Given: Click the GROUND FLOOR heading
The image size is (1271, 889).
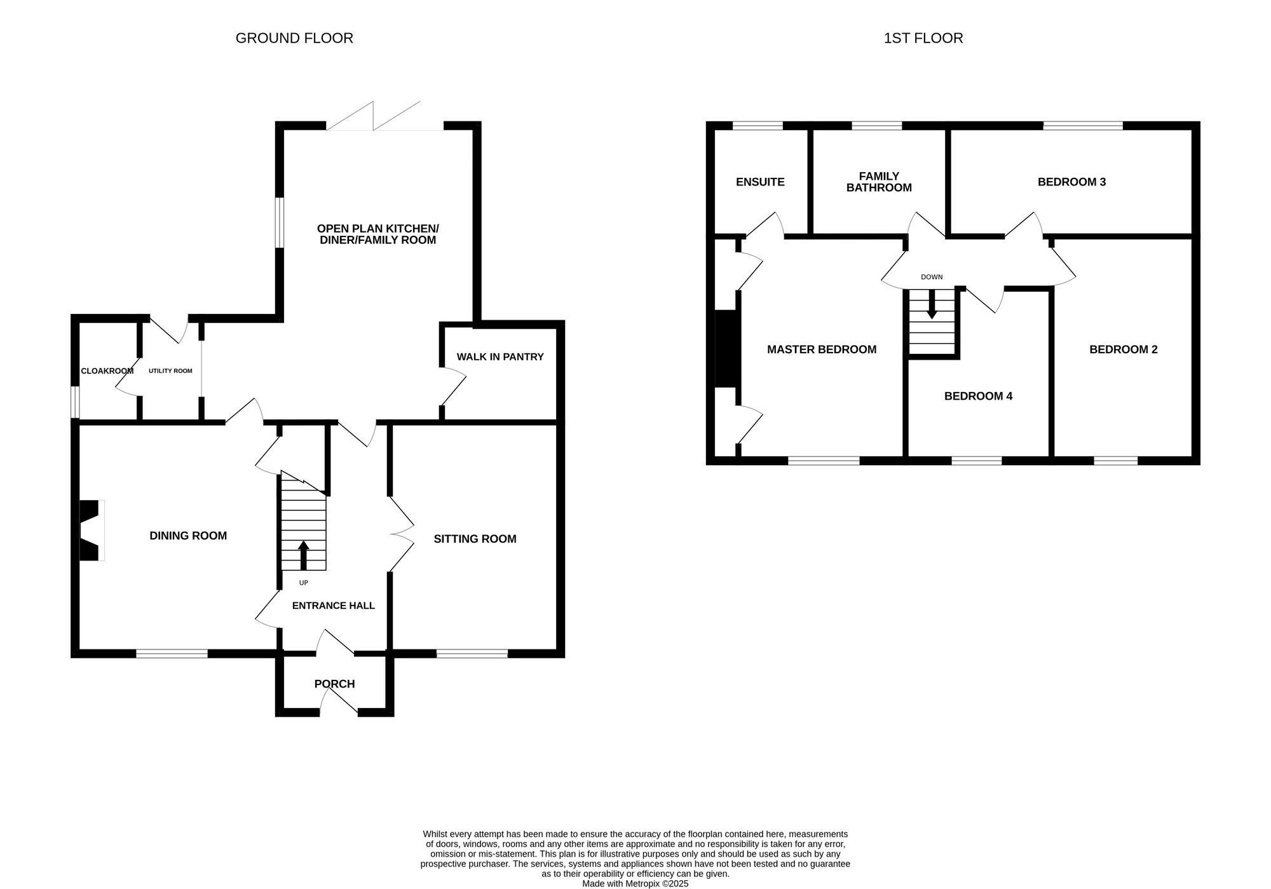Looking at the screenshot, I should pos(294,38).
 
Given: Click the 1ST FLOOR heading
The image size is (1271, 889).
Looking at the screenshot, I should pos(923,38).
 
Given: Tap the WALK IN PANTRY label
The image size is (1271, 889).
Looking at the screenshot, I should pos(500,357).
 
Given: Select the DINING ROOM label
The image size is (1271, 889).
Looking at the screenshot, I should pos(188,536).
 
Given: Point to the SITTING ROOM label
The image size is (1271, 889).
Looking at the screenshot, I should pos(475,539).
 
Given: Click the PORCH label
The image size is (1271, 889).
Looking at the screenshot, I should pos(334,684).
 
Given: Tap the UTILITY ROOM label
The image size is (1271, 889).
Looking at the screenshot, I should pos(170,370).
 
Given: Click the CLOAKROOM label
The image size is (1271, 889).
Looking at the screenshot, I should pos(107,371).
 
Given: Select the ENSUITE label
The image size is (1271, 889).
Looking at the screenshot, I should pos(760,182).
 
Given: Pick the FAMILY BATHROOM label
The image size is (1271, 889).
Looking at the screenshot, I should pos(879,182).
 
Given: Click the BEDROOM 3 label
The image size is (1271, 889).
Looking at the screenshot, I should pos(1071,182).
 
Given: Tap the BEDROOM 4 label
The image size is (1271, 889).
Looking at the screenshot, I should pos(978,396).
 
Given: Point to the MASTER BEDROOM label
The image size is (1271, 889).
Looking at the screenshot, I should pos(822,349).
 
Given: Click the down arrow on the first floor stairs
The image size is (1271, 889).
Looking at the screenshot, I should pos(932,305).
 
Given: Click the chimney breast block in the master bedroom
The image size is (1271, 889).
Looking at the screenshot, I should pos(725,348).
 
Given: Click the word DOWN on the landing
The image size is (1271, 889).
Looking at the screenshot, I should pos(932,277).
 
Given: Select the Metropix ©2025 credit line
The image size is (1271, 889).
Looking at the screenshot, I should pos(635,883).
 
